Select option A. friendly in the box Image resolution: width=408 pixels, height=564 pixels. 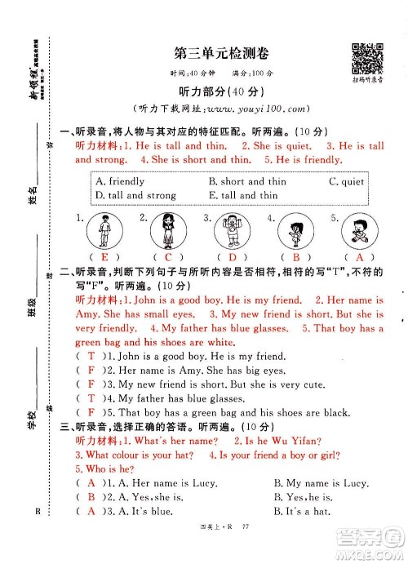tap(120, 181)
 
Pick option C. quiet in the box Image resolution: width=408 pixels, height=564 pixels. tap(346, 181)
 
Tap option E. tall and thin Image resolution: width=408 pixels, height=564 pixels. tap(243, 195)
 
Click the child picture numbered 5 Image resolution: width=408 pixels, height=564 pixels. tap(357, 229)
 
